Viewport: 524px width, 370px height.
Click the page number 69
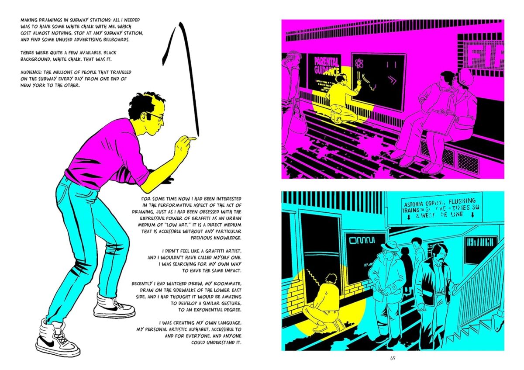[393, 358]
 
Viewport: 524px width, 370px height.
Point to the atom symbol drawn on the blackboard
[359, 63]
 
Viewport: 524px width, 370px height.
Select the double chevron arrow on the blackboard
[392, 80]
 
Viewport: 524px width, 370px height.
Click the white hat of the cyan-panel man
[390, 246]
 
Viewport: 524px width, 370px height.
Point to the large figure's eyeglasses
[155, 116]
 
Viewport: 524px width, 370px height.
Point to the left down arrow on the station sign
[408, 217]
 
